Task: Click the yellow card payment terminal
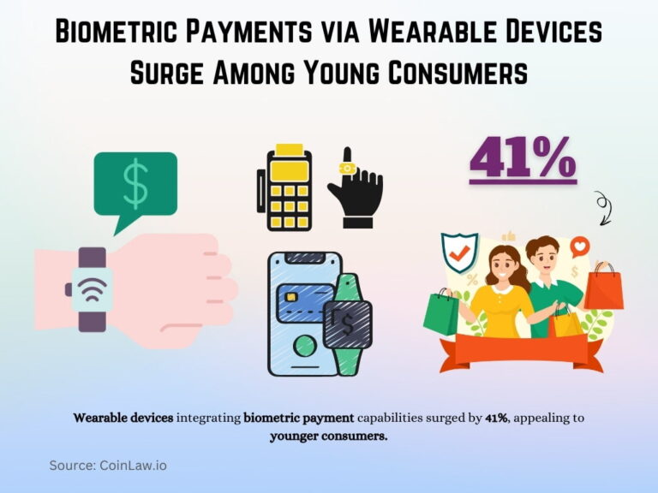282,190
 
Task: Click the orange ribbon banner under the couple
514,347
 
